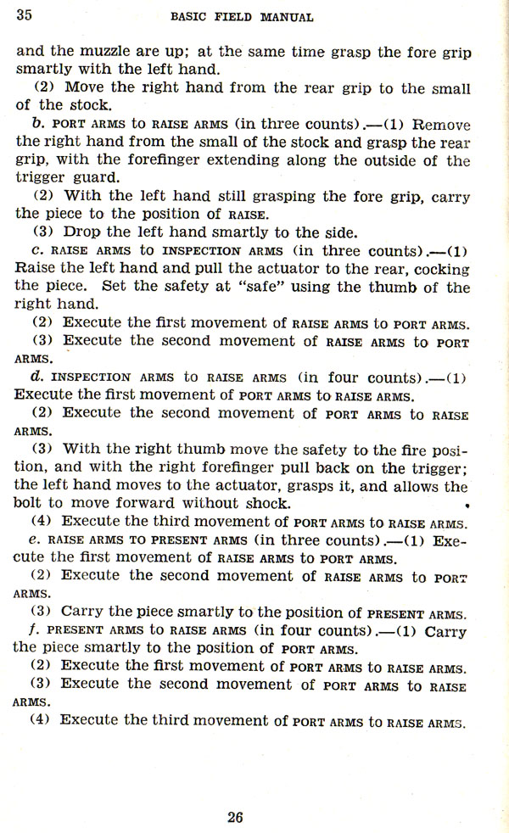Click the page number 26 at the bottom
tap(235, 817)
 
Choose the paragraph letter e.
tap(35, 539)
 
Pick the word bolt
tap(31, 503)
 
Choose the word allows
tap(421, 486)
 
